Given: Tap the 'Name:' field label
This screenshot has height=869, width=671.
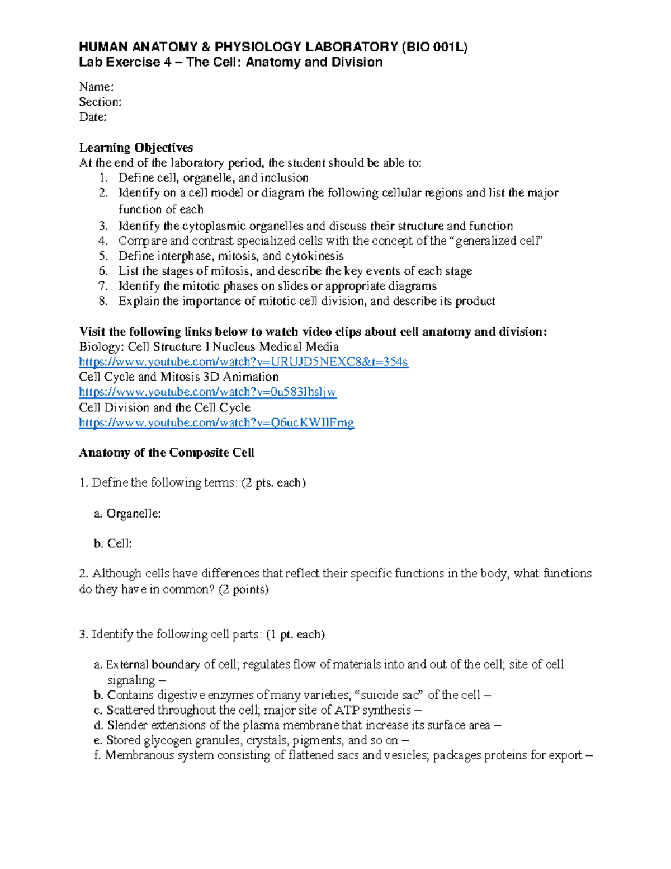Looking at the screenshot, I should tap(96, 87).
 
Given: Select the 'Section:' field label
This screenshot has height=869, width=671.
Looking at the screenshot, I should tap(100, 102).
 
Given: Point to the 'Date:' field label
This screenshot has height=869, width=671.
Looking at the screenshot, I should tap(93, 117).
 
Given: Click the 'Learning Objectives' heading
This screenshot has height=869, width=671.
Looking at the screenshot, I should tap(136, 148).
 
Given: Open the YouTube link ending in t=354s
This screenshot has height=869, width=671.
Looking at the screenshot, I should tap(243, 362).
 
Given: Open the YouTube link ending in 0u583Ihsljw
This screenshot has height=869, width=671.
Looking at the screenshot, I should tap(207, 392).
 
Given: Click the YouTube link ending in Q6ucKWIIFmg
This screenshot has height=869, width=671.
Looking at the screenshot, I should tap(216, 423).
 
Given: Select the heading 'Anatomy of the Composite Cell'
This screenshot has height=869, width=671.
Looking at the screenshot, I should tap(167, 453).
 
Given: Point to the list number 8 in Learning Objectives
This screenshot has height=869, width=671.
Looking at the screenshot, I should tap(102, 302).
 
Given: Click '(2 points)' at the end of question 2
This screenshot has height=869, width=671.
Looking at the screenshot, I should tap(243, 589).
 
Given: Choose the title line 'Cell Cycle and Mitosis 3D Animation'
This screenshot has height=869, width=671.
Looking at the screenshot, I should tap(179, 377).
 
